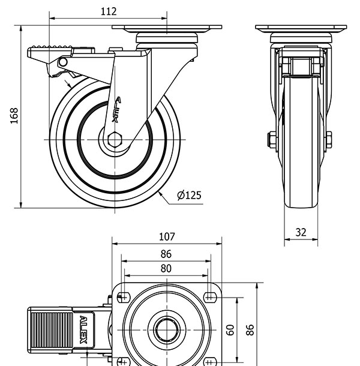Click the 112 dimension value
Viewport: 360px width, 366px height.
[108, 11]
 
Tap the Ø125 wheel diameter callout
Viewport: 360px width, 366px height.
[189, 195]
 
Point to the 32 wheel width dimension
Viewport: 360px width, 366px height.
[301, 232]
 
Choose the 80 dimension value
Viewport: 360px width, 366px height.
[166, 268]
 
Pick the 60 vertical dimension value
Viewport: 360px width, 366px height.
[230, 329]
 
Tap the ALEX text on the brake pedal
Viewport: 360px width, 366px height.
[83, 330]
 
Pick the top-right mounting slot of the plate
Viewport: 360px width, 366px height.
[210, 296]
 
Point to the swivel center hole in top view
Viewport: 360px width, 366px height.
[165, 329]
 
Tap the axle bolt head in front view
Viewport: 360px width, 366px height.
[271, 139]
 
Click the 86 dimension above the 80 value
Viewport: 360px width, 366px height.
[166, 254]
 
